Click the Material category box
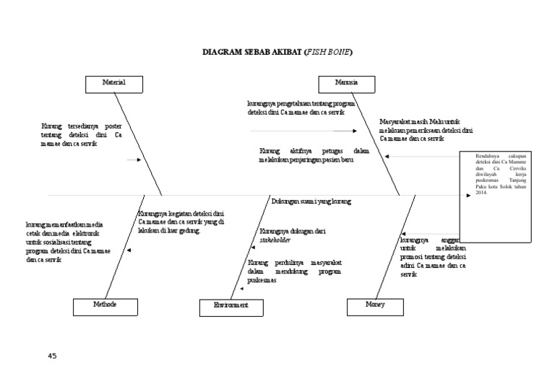[x=113, y=83]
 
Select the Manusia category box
[x=348, y=83]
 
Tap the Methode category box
[x=106, y=305]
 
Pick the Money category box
[x=375, y=305]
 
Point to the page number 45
[x=51, y=356]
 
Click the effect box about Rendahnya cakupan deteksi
[x=500, y=184]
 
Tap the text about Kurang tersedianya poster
[x=82, y=135]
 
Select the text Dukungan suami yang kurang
[x=311, y=201]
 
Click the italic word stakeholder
[x=275, y=239]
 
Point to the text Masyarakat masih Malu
[x=425, y=130]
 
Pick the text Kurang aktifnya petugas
[x=314, y=155]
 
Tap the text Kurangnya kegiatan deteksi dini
[x=181, y=222]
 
